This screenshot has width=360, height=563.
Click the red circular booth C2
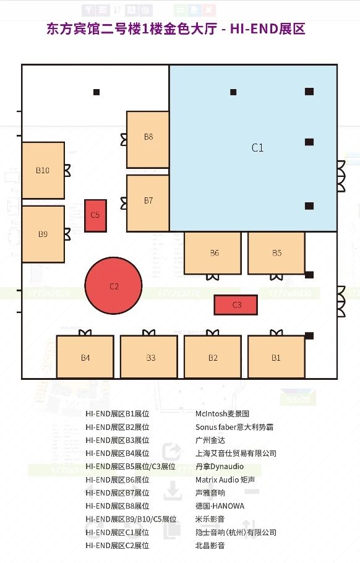click(x=113, y=286)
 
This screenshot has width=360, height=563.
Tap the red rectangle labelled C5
click(x=95, y=215)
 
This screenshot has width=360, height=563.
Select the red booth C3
click(x=236, y=305)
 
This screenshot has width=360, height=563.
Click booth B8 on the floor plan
click(x=148, y=139)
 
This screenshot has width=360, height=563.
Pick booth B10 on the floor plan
click(x=43, y=170)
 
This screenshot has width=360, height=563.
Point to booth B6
click(x=213, y=253)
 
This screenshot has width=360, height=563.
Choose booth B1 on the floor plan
click(x=276, y=357)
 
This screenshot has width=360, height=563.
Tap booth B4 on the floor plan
click(x=85, y=357)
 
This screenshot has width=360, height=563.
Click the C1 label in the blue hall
click(x=257, y=148)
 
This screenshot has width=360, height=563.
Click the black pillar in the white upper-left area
click(x=96, y=92)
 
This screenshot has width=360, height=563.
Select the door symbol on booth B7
click(x=124, y=203)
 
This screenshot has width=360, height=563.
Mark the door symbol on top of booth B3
click(x=148, y=332)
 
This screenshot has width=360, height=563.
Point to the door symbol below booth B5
click(x=276, y=277)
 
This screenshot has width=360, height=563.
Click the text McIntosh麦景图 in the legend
click(x=222, y=414)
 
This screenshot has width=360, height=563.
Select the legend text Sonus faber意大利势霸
click(x=234, y=427)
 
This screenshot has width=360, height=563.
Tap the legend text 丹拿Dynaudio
click(x=220, y=466)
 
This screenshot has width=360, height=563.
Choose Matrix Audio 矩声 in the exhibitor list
click(x=225, y=479)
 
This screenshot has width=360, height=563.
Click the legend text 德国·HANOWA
click(x=220, y=506)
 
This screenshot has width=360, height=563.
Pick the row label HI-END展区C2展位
click(x=117, y=546)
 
